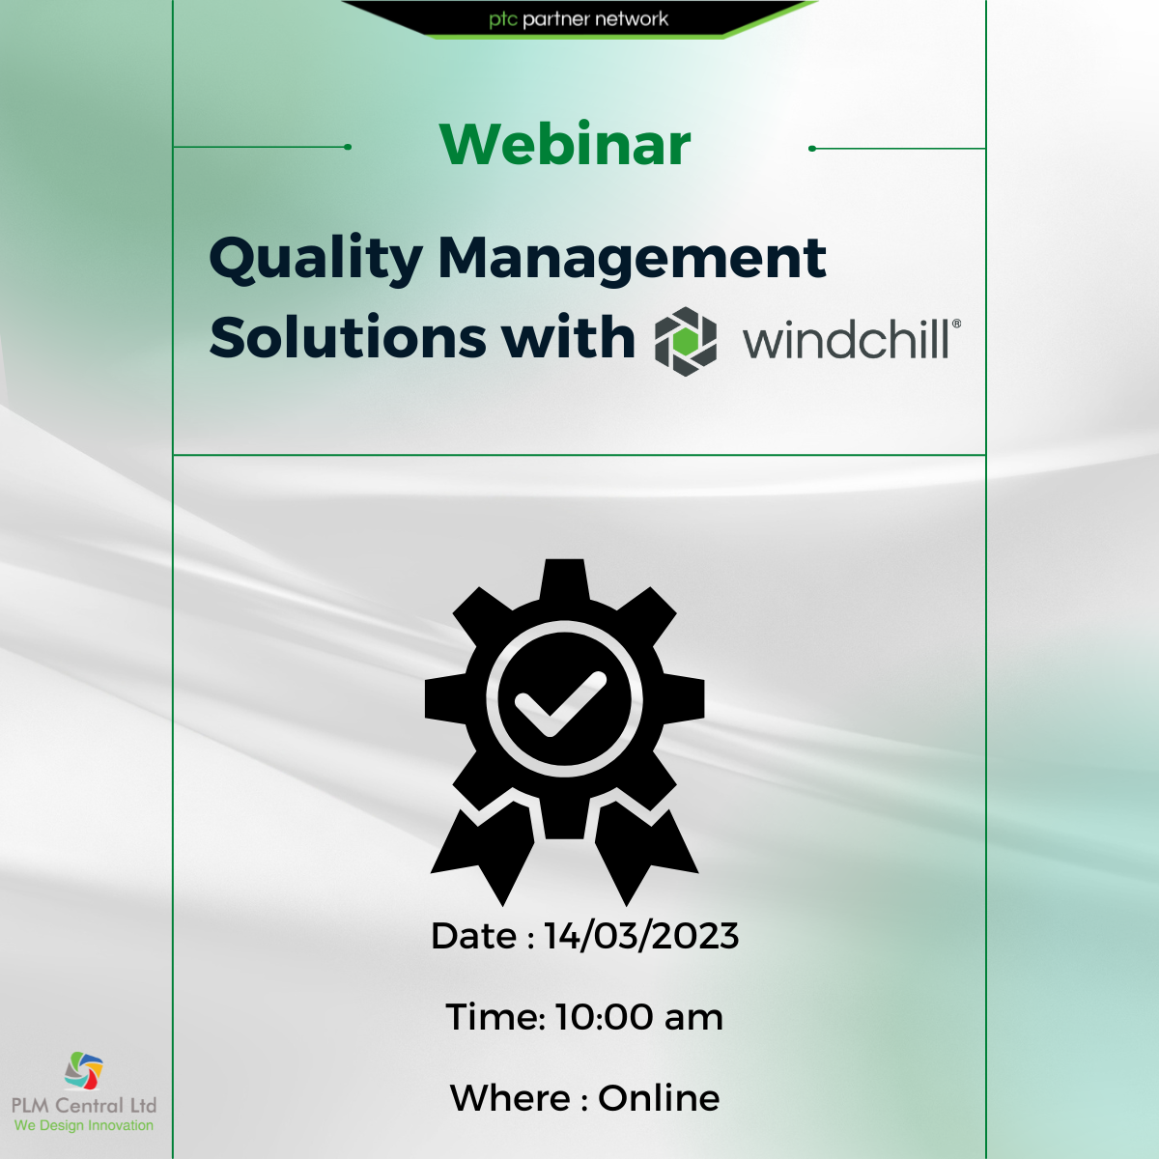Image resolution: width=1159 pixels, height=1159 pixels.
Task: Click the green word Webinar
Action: (565, 145)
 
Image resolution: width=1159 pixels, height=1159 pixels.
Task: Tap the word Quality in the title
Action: (315, 259)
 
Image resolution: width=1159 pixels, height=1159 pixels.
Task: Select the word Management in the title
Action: (632, 259)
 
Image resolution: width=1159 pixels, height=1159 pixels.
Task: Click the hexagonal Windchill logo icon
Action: (686, 341)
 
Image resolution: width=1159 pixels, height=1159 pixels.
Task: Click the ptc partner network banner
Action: (579, 19)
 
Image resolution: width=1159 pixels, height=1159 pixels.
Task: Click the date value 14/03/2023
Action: (641, 936)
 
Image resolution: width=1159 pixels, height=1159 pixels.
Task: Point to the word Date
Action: (473, 936)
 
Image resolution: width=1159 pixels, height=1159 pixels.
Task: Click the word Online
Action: (659, 1098)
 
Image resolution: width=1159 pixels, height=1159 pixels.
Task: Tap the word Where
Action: (510, 1098)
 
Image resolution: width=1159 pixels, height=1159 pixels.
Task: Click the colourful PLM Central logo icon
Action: (84, 1070)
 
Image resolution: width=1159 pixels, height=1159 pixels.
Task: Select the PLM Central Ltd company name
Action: (84, 1105)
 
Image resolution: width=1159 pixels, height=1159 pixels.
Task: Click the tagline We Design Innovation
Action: (84, 1125)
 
